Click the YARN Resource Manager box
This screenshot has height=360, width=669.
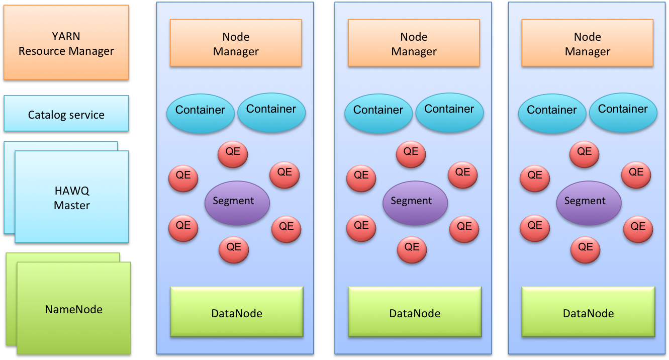point(66,44)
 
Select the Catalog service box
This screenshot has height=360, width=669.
point(66,115)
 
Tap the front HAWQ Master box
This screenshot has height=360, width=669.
point(72,198)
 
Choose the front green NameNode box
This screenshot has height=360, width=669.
point(73,309)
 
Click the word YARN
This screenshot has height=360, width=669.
point(66,37)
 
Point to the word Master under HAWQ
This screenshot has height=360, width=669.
point(72,205)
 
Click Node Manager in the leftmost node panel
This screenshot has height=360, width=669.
point(236,44)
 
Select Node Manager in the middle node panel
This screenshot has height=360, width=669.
point(414,44)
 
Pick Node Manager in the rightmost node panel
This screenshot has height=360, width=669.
point(587,44)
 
